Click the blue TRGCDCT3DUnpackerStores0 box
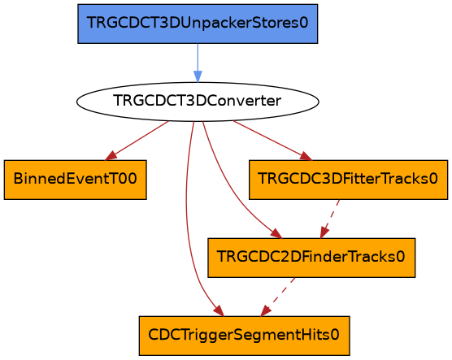tap(198, 24)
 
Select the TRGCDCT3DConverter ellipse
tap(198, 102)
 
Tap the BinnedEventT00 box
tap(76, 180)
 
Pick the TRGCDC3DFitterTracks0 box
tap(348, 180)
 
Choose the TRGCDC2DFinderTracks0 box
tap(311, 258)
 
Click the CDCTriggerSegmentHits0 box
tap(245, 336)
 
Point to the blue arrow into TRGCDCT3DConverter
tap(198, 63)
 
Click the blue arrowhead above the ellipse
tap(198, 76)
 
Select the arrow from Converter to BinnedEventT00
tap(137, 141)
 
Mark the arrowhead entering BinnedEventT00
tap(111, 156)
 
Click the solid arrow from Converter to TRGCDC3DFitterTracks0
tap(272, 141)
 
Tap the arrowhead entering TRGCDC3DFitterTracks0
tap(306, 156)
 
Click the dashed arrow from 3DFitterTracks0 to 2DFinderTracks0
tap(330, 219)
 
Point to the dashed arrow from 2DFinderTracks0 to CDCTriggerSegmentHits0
tap(277, 297)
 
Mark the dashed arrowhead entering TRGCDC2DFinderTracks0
tap(324, 232)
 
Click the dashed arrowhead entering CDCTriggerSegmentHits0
tap(265, 311)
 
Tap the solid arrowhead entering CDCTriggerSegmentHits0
tap(219, 310)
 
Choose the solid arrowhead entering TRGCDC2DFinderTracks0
tap(276, 233)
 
